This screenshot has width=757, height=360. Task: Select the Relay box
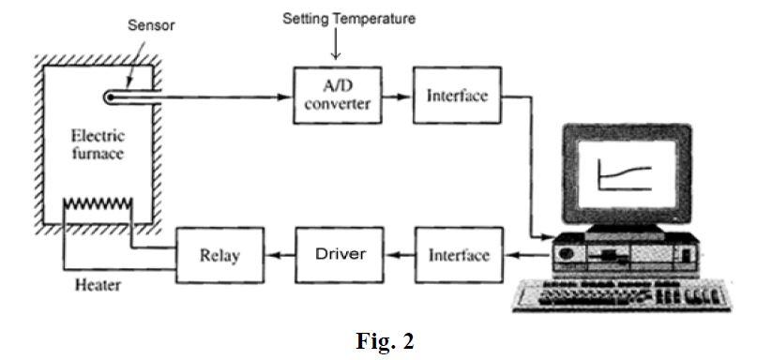tap(220, 254)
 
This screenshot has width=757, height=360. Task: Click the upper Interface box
tap(457, 96)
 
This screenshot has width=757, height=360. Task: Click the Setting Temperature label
tap(349, 19)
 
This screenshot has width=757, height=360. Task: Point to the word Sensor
tap(150, 24)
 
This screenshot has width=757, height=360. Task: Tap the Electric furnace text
tap(97, 144)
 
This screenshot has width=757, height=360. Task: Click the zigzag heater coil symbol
tap(98, 204)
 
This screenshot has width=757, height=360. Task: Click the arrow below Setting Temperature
tap(335, 48)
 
